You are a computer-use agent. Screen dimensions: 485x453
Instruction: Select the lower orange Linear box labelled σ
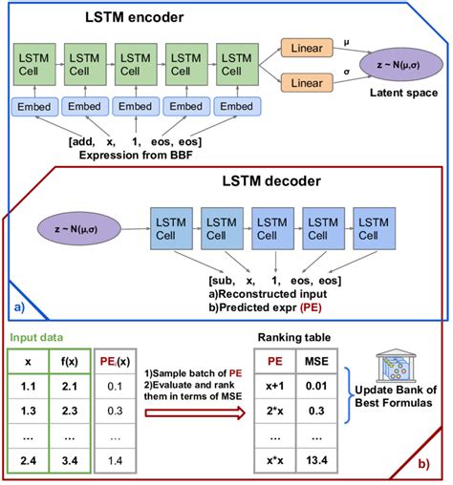[306, 84]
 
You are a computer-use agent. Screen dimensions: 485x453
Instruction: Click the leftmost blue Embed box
[31, 106]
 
